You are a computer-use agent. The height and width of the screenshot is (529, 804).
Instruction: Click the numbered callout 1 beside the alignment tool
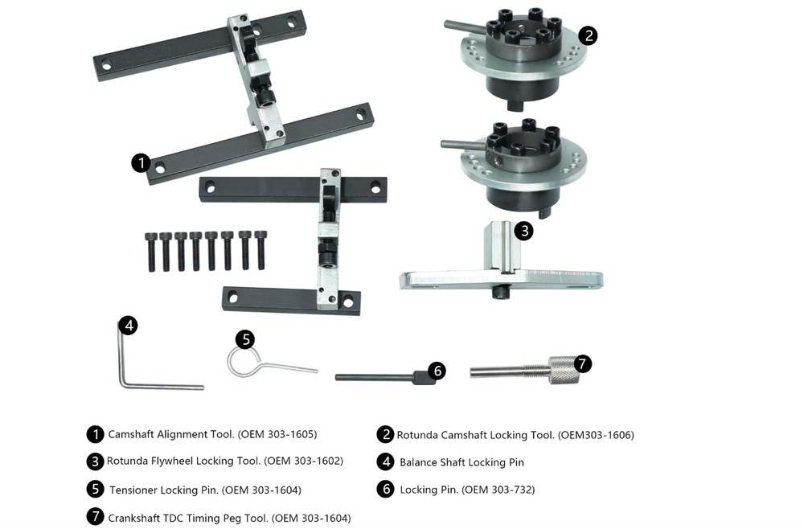142,163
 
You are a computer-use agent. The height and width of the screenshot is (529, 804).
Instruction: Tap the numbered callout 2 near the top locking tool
589,35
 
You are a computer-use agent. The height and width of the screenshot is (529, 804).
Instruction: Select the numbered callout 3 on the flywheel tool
523,232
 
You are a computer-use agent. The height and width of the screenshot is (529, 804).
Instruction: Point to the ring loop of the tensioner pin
242,362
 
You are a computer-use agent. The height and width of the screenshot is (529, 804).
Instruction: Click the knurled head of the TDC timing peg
563,370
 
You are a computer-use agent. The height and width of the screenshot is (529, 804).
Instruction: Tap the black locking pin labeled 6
378,377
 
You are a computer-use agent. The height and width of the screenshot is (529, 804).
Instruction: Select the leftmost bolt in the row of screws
150,251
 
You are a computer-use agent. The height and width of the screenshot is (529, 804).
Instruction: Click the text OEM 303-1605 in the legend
277,434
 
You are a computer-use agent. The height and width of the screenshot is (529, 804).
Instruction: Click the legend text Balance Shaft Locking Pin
461,462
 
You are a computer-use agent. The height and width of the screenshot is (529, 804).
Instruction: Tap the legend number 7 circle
95,517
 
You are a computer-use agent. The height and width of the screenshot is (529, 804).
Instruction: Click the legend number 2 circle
385,434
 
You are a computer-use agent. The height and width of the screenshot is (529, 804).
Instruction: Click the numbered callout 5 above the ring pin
245,339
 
